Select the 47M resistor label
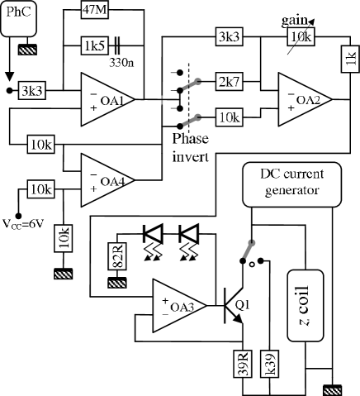94,10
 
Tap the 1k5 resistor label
94,45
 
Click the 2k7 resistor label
229,82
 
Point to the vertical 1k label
350,59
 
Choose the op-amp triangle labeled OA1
107,99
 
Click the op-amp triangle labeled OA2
304,99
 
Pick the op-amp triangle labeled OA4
107,179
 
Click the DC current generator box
291,184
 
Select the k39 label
268,364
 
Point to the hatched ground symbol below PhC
28,51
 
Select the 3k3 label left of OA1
33,89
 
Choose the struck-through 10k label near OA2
301,37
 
